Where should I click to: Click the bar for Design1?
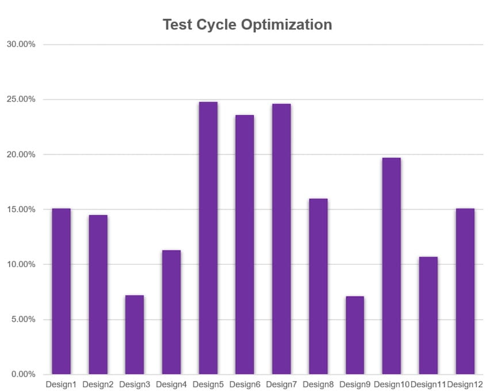pyautogui.click(x=61, y=291)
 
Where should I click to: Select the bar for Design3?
pyautogui.click(x=135, y=335)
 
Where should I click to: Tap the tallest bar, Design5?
pyautogui.click(x=208, y=238)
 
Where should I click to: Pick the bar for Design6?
pyautogui.click(x=244, y=245)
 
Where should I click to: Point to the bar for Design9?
pyautogui.click(x=354, y=335)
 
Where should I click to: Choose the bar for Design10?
pyautogui.click(x=391, y=266)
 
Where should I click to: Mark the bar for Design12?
pyautogui.click(x=465, y=291)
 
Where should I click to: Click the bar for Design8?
pyautogui.click(x=318, y=286)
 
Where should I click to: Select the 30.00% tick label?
pyautogui.click(x=21, y=44)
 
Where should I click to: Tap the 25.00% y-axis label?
pyautogui.click(x=21, y=100)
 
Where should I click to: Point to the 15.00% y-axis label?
pyautogui.click(x=21, y=210)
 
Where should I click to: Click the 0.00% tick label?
pyautogui.click(x=24, y=375)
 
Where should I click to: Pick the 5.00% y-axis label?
pyautogui.click(x=24, y=320)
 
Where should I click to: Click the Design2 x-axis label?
pyautogui.click(x=98, y=384)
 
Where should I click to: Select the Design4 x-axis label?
pyautogui.click(x=171, y=384)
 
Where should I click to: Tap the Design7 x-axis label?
pyautogui.click(x=281, y=384)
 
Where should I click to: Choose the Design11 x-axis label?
pyautogui.click(x=429, y=384)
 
